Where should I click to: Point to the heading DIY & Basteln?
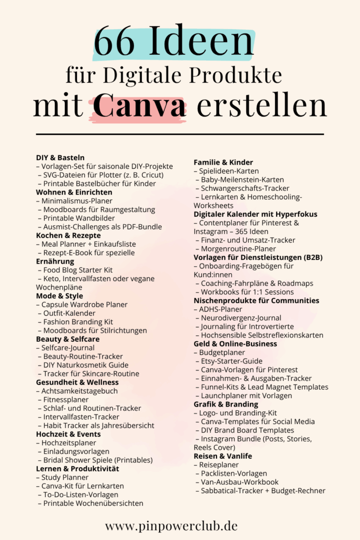click(x=60, y=158)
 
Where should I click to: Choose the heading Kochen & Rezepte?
click(x=66, y=235)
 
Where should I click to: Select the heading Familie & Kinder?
click(x=223, y=162)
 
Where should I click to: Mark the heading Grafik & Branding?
click(x=226, y=404)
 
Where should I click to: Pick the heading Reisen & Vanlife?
click(x=222, y=456)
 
